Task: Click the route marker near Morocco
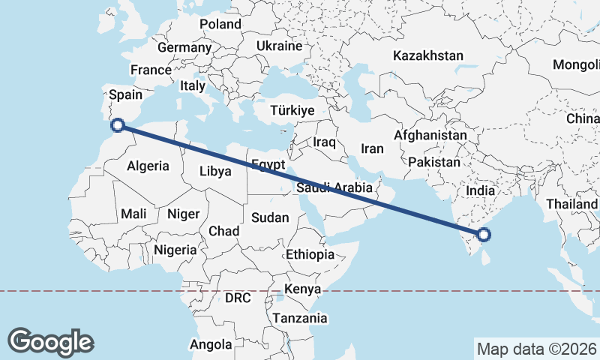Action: tap(116, 125)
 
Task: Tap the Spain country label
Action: tap(125, 94)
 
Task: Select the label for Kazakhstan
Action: tap(428, 55)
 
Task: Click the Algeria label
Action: tap(148, 166)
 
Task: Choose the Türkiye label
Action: tap(292, 110)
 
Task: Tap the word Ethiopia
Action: tap(310, 255)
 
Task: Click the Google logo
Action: tap(50, 341)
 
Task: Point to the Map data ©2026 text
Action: tap(535, 349)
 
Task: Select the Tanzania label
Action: tap(300, 318)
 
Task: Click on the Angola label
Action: tap(211, 345)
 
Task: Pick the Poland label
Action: tap(220, 24)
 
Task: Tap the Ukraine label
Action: tap(279, 46)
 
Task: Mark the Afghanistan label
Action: tap(430, 135)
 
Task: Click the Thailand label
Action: tap(572, 204)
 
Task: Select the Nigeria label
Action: tap(175, 250)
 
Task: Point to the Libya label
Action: tap(215, 171)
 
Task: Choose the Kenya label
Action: tap(303, 289)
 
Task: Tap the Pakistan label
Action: tap(435, 162)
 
